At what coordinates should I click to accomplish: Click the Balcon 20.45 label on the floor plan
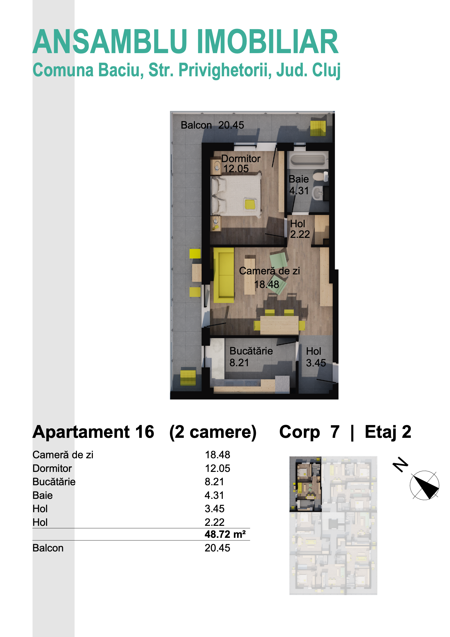point(212,125)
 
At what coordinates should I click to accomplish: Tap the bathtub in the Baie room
point(307,160)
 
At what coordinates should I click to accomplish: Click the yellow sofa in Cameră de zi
point(224,275)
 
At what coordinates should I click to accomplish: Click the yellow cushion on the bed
point(250,204)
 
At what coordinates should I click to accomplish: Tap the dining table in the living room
point(279,325)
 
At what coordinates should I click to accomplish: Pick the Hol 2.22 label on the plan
point(300,229)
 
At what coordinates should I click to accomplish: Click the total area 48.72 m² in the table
point(225,534)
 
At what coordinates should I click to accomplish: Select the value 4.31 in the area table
point(214,495)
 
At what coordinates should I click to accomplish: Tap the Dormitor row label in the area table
point(52,468)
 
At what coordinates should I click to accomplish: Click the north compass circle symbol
point(424,486)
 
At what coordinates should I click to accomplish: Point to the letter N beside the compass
point(400,465)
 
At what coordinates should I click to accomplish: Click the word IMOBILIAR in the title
point(268,42)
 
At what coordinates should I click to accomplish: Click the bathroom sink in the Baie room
point(318,193)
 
